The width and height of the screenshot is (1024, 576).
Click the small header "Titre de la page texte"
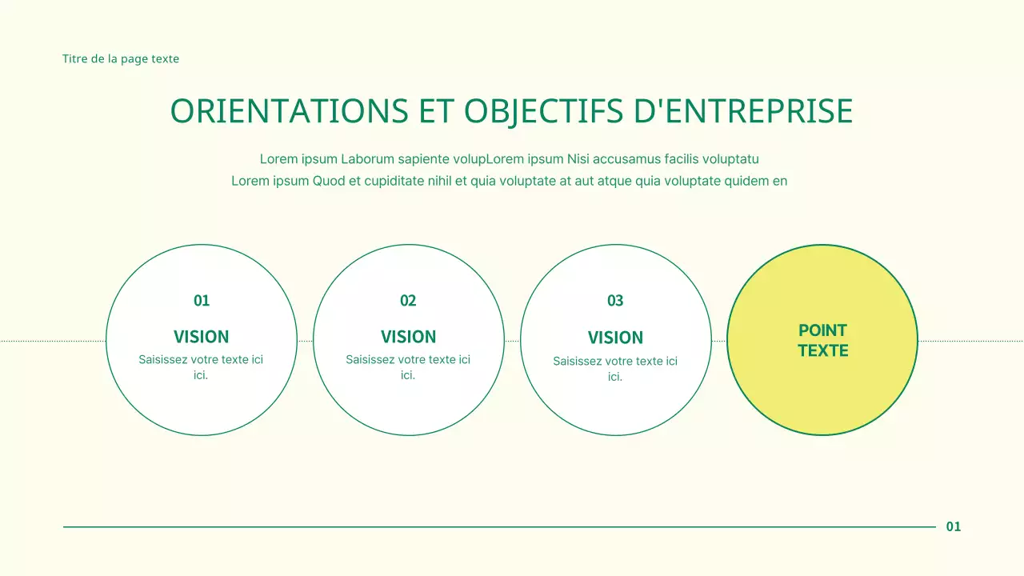(121, 59)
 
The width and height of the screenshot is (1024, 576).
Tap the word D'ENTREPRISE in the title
(743, 112)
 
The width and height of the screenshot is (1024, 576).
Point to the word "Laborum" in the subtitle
(366, 159)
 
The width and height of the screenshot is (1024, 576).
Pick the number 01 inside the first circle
(202, 301)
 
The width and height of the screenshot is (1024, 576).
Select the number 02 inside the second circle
(408, 301)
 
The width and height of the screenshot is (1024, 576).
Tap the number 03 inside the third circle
(615, 301)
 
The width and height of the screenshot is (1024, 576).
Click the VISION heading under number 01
(202, 337)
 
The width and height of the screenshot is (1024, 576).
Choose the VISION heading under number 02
(408, 337)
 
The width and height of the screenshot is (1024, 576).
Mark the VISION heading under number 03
(615, 338)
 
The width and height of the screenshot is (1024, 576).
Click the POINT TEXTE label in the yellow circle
(822, 340)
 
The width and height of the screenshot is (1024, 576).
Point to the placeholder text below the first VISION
(201, 367)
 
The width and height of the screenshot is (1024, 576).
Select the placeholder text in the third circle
(615, 369)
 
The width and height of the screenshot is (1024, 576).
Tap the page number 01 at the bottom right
(954, 526)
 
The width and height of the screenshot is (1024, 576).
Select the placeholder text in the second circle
(408, 367)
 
